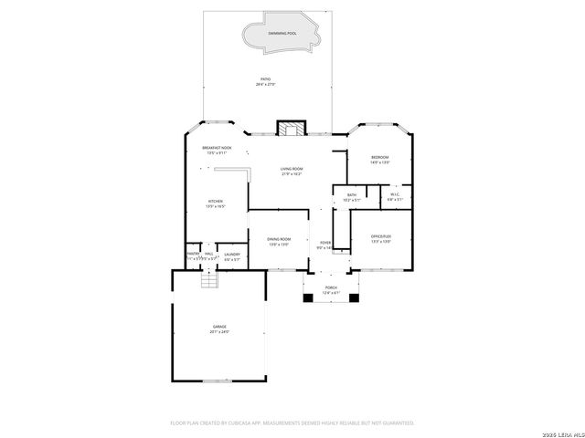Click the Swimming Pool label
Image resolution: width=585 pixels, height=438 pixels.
282,34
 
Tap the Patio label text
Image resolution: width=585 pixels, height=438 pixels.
266,81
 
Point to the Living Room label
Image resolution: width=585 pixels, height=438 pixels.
292,171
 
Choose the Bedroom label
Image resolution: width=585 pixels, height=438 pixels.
380,160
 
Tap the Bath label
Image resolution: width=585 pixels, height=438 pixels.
352,196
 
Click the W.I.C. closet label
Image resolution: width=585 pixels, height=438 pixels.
395,196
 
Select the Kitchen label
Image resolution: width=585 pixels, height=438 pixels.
216,203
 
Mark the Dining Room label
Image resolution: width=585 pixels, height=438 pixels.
279,241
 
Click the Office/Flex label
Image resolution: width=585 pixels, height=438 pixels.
381,239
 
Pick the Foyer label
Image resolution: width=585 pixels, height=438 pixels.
324,245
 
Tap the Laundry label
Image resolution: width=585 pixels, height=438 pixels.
232,257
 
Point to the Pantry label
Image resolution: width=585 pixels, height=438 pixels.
193,257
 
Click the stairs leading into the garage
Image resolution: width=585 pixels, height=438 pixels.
212,280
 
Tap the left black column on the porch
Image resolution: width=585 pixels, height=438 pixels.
308,296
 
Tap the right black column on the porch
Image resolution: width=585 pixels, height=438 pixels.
354,296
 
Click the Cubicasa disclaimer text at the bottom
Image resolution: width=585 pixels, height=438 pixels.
292,422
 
